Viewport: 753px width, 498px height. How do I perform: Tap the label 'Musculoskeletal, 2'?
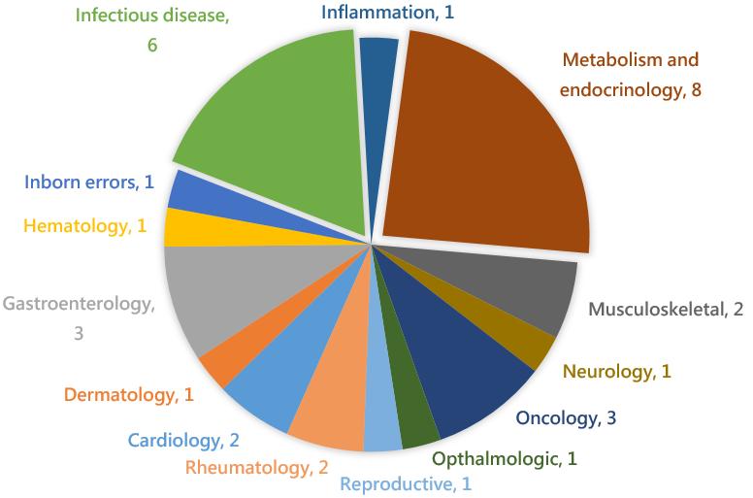(666, 309)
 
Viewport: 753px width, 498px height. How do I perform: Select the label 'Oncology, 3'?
(566, 418)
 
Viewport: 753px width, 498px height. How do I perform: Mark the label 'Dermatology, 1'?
(128, 394)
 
